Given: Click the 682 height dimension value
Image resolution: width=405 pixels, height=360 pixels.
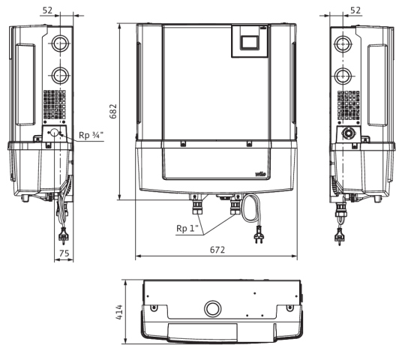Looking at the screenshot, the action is (x=113, y=111).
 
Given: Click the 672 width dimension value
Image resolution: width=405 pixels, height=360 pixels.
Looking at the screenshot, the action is (x=217, y=250).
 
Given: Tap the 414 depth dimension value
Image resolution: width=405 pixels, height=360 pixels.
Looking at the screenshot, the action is (x=119, y=312).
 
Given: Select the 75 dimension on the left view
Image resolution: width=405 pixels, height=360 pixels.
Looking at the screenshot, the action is (x=64, y=253).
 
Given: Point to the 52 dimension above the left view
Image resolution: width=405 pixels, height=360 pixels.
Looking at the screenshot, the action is (x=47, y=10).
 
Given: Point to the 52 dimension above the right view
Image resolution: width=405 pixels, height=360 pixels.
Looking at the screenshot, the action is (x=355, y=10).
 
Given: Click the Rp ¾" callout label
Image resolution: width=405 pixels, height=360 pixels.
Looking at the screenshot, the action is (x=91, y=135).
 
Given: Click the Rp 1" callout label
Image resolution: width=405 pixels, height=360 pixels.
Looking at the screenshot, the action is (x=187, y=228).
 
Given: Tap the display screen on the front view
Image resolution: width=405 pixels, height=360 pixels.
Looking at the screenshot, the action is (x=250, y=42).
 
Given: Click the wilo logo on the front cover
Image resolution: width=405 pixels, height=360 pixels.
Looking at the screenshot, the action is (x=260, y=174).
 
